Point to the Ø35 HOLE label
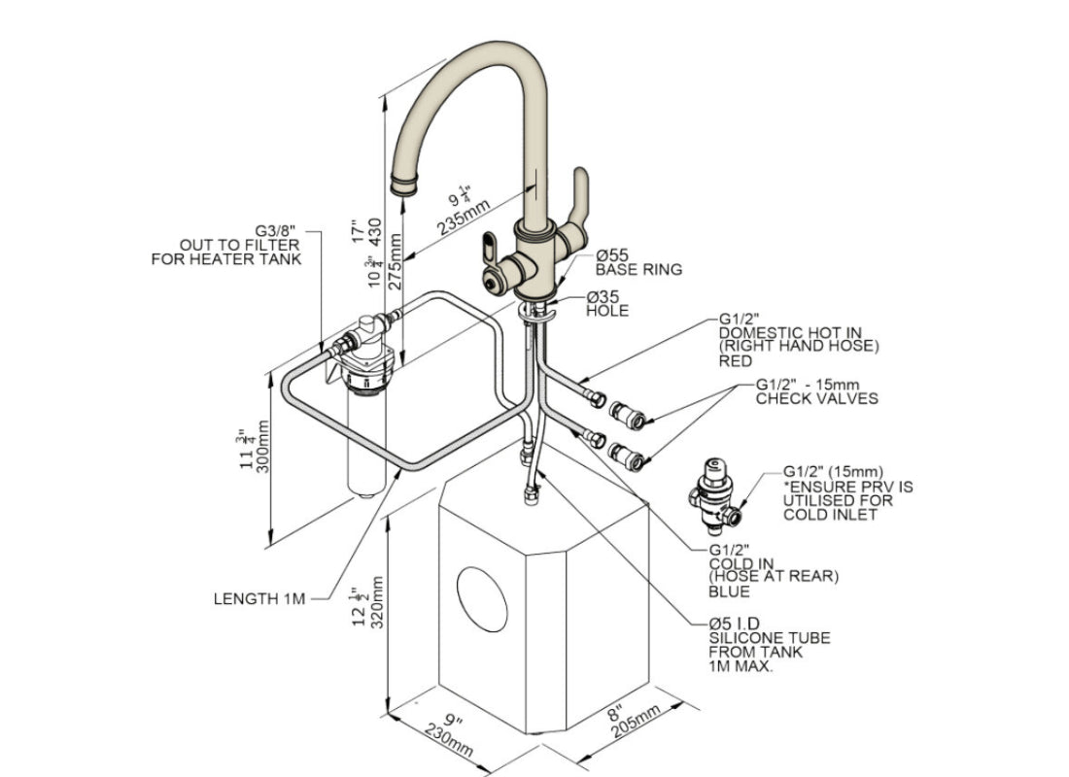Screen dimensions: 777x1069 (606, 304)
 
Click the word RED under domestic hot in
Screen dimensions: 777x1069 (736, 360)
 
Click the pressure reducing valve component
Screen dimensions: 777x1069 (720, 492)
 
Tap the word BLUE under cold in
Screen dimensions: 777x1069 (729, 591)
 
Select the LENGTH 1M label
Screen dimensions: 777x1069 (259, 598)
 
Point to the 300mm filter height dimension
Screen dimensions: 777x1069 (260, 448)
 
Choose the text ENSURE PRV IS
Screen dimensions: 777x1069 (847, 487)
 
